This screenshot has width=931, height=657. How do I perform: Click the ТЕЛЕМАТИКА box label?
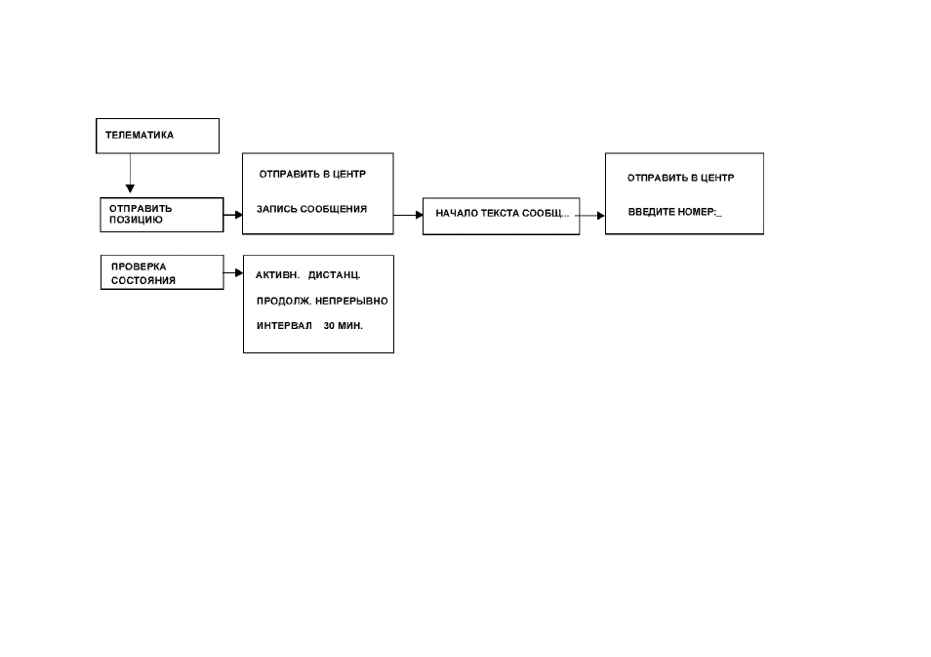[140, 135]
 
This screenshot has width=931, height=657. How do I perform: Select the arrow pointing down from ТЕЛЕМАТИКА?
[130, 173]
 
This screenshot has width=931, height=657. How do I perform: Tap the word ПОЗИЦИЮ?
[136, 220]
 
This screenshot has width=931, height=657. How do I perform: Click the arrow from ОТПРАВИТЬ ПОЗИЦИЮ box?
[232, 215]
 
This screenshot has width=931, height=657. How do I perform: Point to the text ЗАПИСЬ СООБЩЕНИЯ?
[311, 209]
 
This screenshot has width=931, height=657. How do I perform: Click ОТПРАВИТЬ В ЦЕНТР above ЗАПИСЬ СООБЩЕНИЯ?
[312, 174]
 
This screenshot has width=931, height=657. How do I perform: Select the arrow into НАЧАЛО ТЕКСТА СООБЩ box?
[408, 215]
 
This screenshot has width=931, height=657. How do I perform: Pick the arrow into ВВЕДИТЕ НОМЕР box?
[589, 216]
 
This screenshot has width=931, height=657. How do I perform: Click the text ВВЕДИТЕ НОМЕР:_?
[675, 212]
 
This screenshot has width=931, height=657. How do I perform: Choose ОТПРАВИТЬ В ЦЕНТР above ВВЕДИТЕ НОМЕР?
[681, 178]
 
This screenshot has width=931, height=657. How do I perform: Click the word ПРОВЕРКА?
[139, 267]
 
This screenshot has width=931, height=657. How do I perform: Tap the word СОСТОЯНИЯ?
[143, 280]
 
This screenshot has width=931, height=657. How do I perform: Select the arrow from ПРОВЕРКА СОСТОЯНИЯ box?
[233, 272]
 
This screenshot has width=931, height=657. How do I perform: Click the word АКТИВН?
[277, 275]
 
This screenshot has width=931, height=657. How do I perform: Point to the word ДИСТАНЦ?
[335, 275]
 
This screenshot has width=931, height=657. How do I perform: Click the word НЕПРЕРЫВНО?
[351, 302]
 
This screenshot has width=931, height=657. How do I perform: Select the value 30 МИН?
[344, 326]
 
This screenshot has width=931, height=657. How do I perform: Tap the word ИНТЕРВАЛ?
[284, 326]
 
